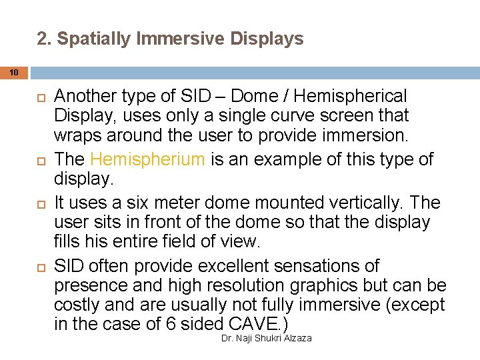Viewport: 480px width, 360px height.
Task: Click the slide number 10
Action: click(x=15, y=71)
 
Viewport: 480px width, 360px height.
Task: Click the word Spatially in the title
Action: click(x=93, y=39)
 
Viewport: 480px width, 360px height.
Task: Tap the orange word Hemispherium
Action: click(x=147, y=159)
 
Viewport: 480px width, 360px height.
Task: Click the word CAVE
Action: click(x=254, y=324)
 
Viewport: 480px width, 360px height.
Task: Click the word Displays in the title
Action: click(x=267, y=39)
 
